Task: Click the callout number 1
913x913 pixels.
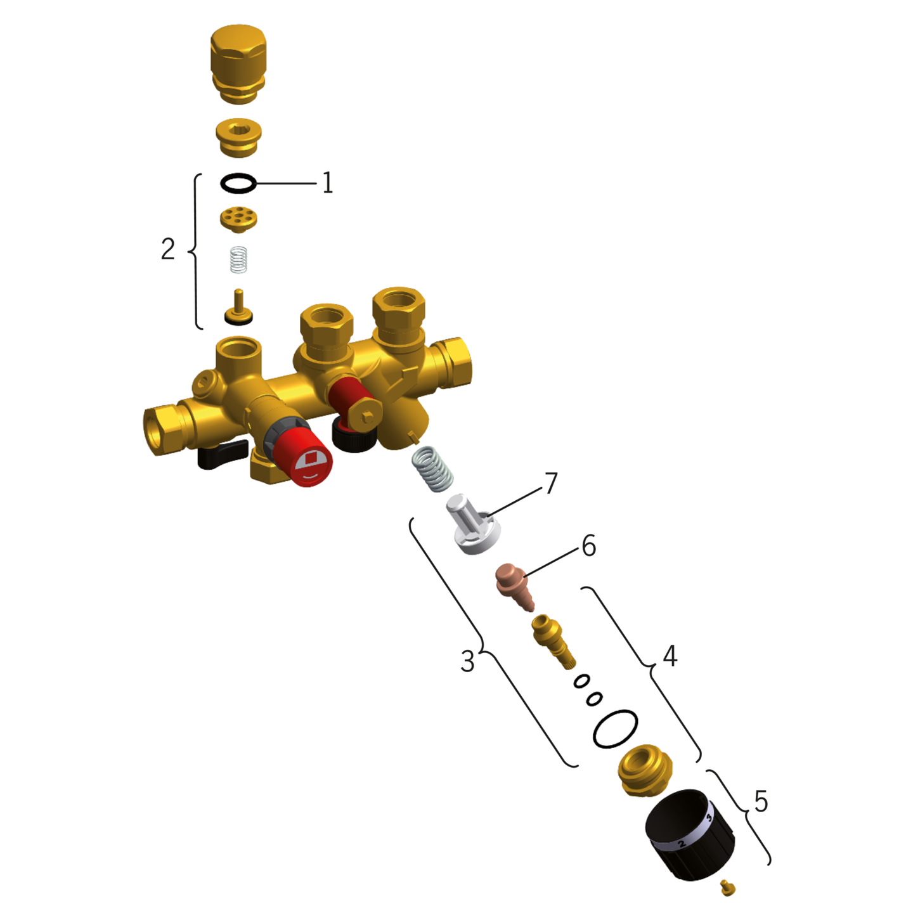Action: pyautogui.click(x=327, y=183)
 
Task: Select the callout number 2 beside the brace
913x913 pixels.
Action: pyautogui.click(x=167, y=249)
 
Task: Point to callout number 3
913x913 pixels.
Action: pyautogui.click(x=467, y=662)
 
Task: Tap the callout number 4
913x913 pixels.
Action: pyautogui.click(x=670, y=656)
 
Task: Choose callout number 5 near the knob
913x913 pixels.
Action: pyautogui.click(x=761, y=802)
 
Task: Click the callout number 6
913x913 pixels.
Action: pyautogui.click(x=588, y=546)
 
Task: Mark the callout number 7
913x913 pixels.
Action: pyautogui.click(x=551, y=484)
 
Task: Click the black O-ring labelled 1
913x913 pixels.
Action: pyautogui.click(x=238, y=184)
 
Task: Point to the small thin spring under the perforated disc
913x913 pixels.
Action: pyautogui.click(x=238, y=260)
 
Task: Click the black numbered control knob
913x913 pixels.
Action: pyautogui.click(x=690, y=834)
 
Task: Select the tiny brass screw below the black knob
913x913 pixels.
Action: pyautogui.click(x=728, y=888)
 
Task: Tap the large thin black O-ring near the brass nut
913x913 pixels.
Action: pyautogui.click(x=615, y=728)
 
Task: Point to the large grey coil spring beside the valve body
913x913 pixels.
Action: pyautogui.click(x=432, y=469)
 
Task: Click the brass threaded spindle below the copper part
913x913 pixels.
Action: pyautogui.click(x=553, y=640)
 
